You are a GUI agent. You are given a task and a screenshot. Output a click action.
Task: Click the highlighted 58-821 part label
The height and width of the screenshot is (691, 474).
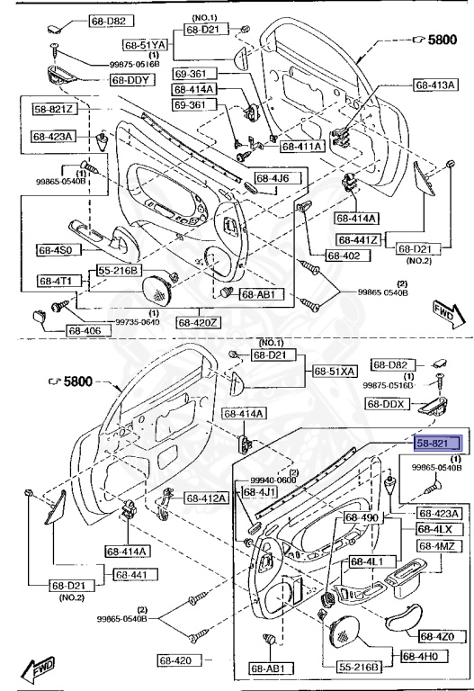(437, 443)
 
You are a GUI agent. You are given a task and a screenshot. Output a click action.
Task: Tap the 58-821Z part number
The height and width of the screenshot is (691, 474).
(55, 110)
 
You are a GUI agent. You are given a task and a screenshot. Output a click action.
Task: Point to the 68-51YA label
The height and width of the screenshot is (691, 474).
(147, 44)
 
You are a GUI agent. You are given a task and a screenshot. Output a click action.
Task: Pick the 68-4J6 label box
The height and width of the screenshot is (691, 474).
(271, 177)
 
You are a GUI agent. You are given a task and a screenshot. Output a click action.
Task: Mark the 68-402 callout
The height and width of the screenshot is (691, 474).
(344, 256)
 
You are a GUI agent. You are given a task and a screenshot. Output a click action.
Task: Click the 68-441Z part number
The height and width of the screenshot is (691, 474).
(359, 240)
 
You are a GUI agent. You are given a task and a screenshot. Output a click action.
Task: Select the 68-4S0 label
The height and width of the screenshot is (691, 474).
(59, 249)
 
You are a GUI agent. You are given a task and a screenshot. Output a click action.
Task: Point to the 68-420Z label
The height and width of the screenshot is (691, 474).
(197, 321)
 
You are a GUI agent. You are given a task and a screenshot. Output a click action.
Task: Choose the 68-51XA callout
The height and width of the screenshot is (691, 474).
(335, 372)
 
